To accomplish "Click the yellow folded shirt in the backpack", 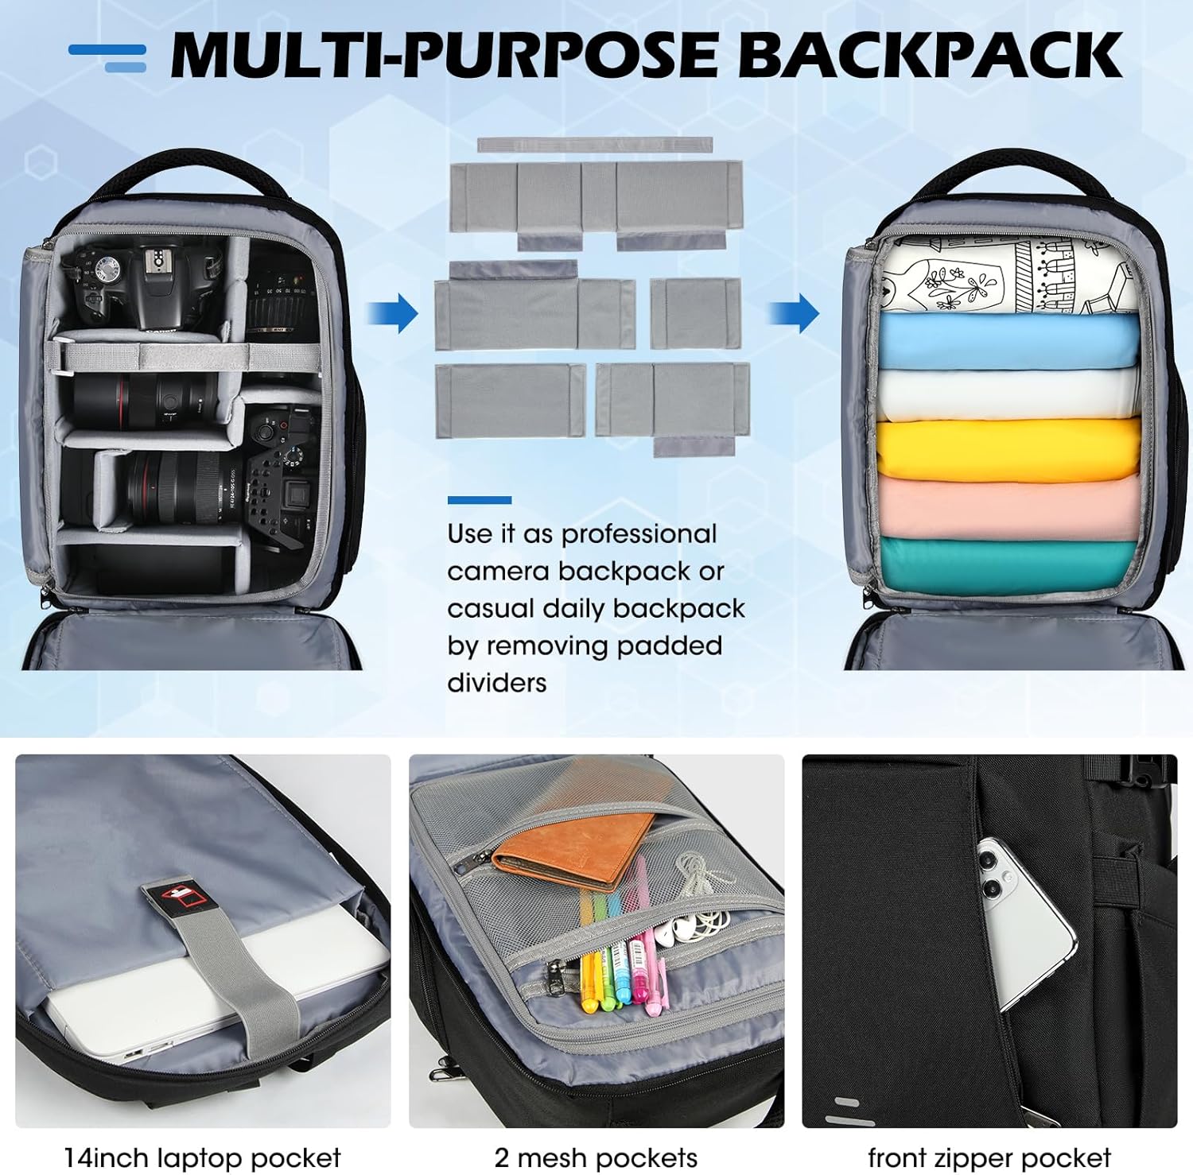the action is [1008, 449].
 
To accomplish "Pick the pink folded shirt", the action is [1008, 509].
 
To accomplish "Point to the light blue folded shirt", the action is [1008, 340].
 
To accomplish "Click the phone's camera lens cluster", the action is [992, 873].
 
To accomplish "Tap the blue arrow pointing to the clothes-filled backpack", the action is [794, 313].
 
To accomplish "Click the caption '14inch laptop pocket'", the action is [203, 1158].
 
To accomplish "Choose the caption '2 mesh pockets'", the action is [596, 1158].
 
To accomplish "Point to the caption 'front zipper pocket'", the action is [989, 1158].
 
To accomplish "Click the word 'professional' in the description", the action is [639, 535].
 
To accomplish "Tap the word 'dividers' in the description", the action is [497, 682].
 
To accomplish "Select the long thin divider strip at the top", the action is [595, 145].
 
